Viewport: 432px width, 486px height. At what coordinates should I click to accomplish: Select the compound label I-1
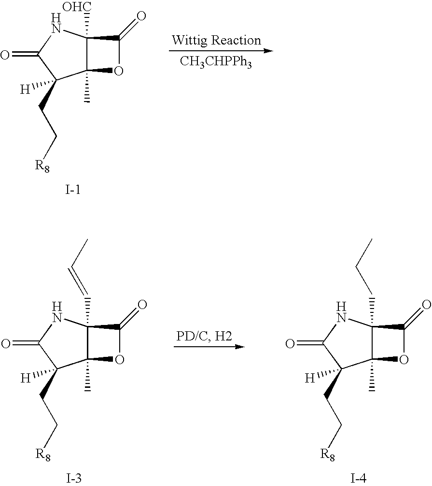(73, 190)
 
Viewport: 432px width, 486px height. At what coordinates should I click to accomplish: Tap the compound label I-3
(74, 479)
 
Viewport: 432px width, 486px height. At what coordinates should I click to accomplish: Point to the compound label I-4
(358, 479)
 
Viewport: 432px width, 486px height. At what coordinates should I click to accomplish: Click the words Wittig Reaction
(216, 40)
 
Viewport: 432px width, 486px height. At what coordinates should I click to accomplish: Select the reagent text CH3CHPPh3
(216, 62)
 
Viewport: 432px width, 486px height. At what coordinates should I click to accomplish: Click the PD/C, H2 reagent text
(204, 336)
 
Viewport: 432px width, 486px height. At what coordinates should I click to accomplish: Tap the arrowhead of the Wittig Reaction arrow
(268, 50)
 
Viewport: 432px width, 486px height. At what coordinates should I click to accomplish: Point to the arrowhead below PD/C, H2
(239, 347)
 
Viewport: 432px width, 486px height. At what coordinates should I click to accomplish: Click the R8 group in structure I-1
(42, 166)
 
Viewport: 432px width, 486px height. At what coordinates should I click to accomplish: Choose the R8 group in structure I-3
(43, 455)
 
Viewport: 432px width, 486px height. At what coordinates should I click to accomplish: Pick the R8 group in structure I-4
(328, 455)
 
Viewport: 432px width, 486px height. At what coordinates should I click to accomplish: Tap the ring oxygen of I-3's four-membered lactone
(119, 360)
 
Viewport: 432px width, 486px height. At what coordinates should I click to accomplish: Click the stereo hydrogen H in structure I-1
(25, 90)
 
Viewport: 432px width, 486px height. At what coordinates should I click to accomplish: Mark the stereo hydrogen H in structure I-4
(310, 379)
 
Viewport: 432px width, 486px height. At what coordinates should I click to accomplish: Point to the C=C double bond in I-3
(79, 280)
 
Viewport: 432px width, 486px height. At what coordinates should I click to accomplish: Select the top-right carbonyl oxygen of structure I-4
(427, 305)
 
